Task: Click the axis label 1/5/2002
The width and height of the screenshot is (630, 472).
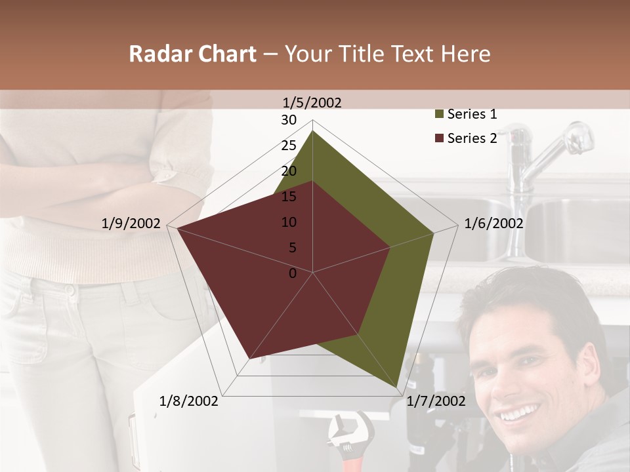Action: click(312, 102)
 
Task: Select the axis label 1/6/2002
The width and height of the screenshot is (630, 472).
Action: click(493, 224)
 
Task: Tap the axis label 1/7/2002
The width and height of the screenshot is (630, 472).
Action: click(436, 401)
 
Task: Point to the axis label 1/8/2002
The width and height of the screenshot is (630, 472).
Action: click(189, 401)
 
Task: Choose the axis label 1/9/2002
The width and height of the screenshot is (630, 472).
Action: click(131, 224)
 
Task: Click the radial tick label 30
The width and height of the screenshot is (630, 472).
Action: click(289, 120)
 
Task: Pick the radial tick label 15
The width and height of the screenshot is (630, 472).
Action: click(289, 197)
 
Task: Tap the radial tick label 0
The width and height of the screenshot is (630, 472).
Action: click(293, 273)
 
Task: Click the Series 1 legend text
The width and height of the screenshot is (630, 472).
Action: click(472, 114)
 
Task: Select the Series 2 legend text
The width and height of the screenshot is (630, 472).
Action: click(472, 138)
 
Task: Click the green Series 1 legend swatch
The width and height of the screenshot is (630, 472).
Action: click(439, 115)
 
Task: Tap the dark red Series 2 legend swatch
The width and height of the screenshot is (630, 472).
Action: click(439, 138)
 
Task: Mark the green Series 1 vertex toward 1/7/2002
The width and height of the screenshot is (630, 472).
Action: click(397, 387)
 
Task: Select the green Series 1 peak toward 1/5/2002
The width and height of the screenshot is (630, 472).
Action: click(312, 132)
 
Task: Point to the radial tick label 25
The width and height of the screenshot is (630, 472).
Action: click(289, 146)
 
